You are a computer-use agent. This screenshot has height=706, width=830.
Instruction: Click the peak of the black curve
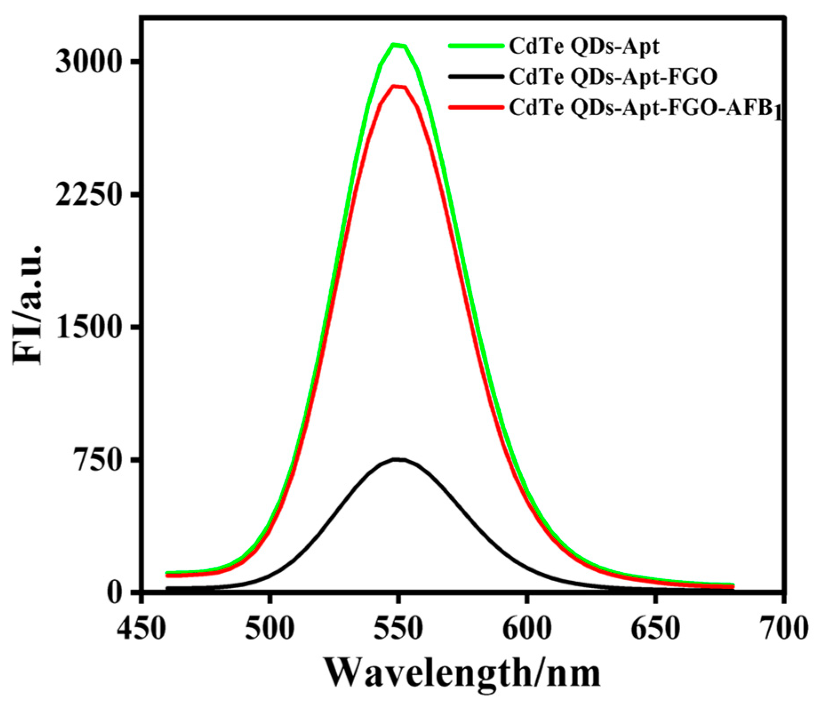pyautogui.click(x=399, y=459)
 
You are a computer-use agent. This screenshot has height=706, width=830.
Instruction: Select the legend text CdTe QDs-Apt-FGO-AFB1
pyautogui.click(x=645, y=109)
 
